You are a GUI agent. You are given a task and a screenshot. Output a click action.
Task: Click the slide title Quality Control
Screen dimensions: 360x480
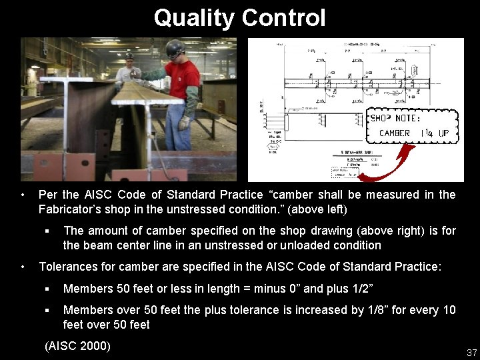(x=239, y=17)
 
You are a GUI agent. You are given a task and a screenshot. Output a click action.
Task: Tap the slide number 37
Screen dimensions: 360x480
(x=471, y=352)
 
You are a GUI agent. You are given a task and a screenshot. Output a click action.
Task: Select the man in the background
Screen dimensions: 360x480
(x=127, y=70)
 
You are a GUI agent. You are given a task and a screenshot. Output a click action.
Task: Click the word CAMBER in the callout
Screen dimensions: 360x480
(x=394, y=133)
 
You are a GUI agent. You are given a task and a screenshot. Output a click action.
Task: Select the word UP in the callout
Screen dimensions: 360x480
(x=443, y=133)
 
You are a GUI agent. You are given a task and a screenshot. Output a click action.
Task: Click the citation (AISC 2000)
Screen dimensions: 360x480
(x=77, y=346)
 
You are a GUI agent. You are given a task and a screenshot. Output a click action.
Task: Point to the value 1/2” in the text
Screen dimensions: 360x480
(x=361, y=289)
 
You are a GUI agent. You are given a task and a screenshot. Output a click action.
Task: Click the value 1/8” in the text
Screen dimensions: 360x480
(x=373, y=310)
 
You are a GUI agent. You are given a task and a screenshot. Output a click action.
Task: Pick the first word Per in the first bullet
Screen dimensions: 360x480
(x=48, y=195)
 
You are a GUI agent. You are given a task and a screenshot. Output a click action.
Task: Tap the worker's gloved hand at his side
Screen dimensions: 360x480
(x=184, y=123)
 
